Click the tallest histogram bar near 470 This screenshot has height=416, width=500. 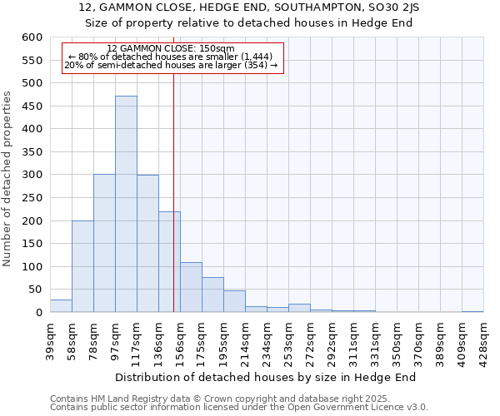(x=126, y=204)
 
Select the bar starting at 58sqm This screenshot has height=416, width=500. (x=82, y=266)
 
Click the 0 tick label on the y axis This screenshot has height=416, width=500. (x=38, y=313)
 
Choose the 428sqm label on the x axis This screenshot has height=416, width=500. (x=483, y=339)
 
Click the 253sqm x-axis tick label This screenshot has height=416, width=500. (x=288, y=339)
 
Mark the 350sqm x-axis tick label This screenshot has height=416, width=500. (x=397, y=339)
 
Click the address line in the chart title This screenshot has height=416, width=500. (x=250, y=7)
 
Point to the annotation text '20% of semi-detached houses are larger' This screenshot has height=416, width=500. (x=171, y=66)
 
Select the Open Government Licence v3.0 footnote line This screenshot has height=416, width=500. (x=239, y=408)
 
